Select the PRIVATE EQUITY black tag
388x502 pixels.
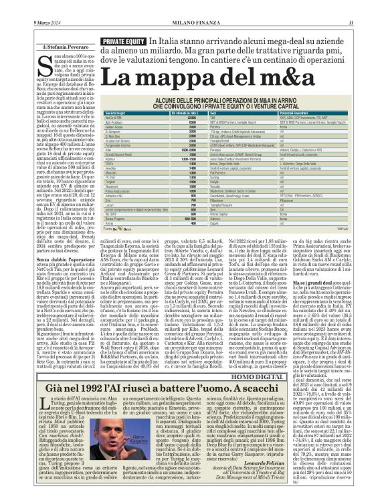click(x=122, y=41)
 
